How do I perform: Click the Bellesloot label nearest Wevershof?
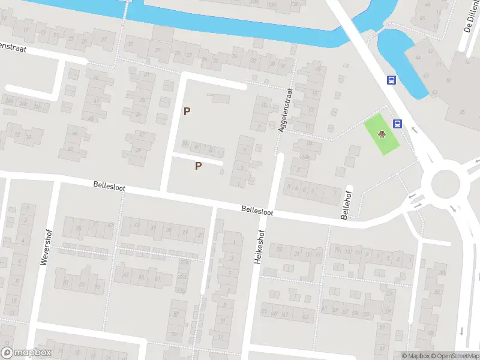[x=109, y=187]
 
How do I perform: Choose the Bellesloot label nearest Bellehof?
[x=257, y=211]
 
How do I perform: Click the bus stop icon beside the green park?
[x=397, y=124]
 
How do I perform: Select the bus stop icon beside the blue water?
[x=391, y=80]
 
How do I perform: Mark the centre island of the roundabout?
[x=445, y=183]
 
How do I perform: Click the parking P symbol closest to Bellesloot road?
[x=198, y=166]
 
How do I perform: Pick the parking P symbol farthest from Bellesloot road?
[x=187, y=111]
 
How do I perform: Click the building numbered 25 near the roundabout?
[x=463, y=112]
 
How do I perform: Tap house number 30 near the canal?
[x=130, y=44]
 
